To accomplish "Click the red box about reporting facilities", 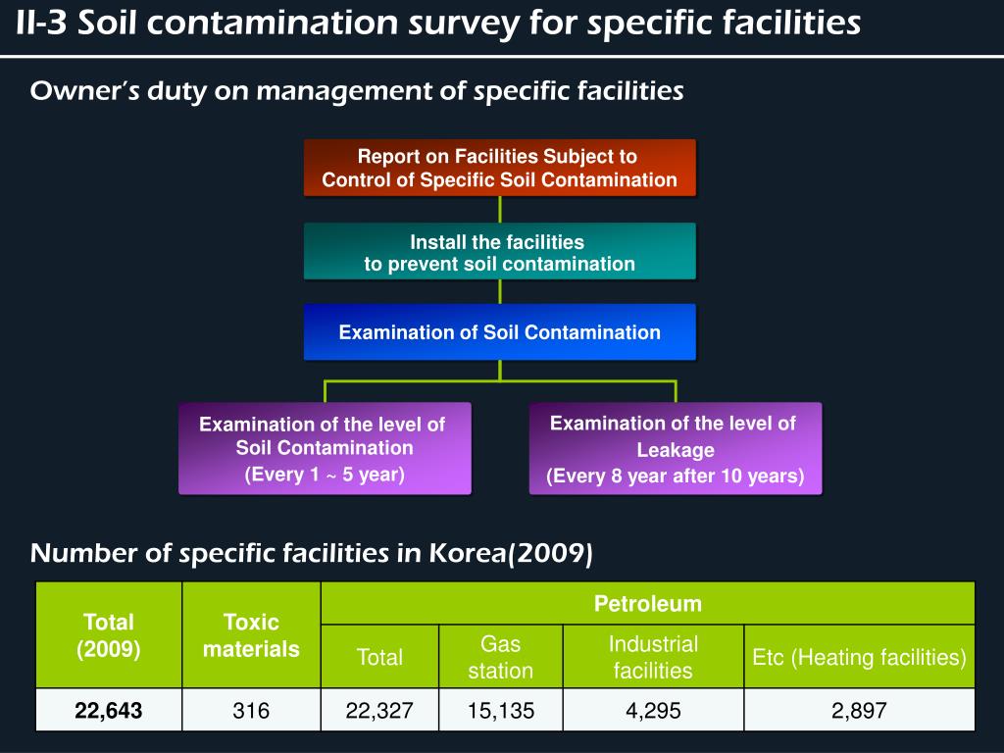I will point(499,168).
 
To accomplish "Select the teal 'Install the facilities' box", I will point(499,252).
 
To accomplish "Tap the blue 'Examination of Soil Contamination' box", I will point(499,332).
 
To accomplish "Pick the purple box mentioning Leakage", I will point(675,449).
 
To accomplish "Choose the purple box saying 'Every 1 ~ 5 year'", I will point(325,449).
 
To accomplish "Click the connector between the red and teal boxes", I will point(500,210).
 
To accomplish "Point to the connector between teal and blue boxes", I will point(500,291).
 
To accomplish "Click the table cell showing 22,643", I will point(109,710).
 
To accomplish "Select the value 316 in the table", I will point(251,710).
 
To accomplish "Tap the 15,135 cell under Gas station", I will point(501,710).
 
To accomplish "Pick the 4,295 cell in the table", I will point(653,710).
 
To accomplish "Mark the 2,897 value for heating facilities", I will point(859,710).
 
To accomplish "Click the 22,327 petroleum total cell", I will point(379,710).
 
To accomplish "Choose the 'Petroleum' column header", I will point(647,603).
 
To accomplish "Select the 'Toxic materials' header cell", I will point(251,635).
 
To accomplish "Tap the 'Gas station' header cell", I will point(501,657).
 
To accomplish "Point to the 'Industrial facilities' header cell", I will point(653,657).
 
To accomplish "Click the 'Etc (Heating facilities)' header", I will point(859,657).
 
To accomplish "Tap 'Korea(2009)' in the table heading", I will point(510,553).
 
